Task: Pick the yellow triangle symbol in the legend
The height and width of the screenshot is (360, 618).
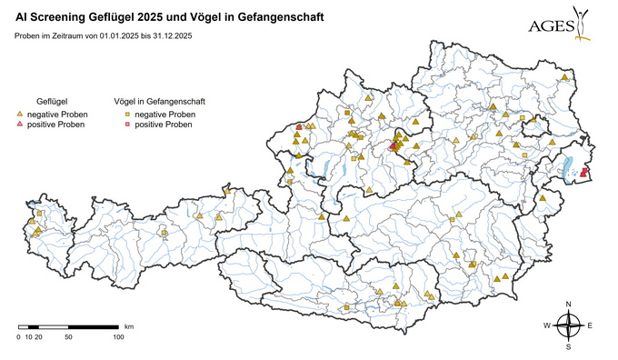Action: coord(20,115)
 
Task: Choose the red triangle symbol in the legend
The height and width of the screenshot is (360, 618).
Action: coord(20,125)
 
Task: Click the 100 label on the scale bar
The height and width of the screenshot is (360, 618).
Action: coord(117,337)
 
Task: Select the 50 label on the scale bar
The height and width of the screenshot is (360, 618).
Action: coord(68,337)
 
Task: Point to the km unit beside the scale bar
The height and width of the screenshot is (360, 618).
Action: coord(129,325)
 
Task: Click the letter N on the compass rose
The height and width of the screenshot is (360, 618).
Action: coord(568,304)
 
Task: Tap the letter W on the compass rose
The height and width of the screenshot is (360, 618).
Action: coord(547,325)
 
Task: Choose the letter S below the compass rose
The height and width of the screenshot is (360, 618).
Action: coord(568,346)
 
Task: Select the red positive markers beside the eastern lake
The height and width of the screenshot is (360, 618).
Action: coord(583,172)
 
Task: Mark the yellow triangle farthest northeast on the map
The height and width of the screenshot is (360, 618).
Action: coord(564,78)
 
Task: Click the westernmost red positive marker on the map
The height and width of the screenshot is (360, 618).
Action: coord(300,127)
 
